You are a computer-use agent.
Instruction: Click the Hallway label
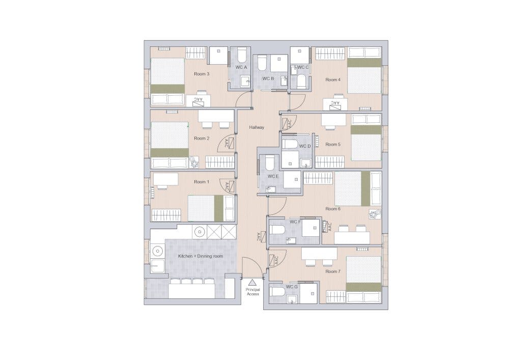(x=257, y=127)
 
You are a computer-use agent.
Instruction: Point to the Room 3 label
(x=202, y=74)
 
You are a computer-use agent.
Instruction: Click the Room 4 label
(x=333, y=79)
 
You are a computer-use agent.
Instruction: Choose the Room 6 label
(x=333, y=209)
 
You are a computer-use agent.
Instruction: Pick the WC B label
(x=268, y=78)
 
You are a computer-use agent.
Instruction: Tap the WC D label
(x=304, y=146)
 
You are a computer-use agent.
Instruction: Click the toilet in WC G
(x=278, y=292)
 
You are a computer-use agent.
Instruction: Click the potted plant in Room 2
(x=194, y=162)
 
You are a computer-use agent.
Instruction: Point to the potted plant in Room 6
(x=375, y=213)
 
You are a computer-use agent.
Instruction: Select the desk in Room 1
(x=166, y=179)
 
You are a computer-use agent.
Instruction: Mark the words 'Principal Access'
(x=252, y=292)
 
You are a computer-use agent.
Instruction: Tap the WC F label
(x=295, y=222)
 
